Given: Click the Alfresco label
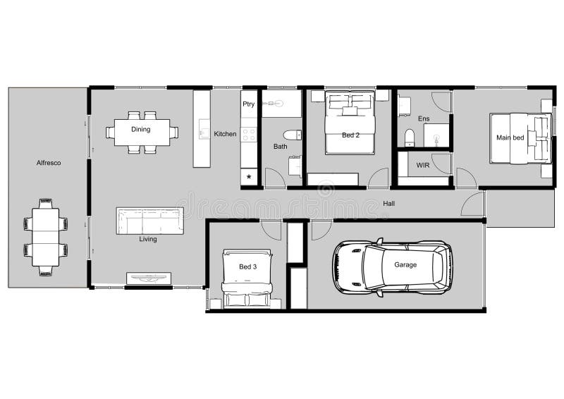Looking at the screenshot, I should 49,163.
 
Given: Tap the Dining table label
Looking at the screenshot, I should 141,129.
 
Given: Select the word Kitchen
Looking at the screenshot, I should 226,134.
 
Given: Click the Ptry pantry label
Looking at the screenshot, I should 248,104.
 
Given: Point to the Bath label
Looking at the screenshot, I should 280,147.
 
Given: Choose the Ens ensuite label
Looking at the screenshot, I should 423,118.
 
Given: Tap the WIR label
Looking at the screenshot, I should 423,165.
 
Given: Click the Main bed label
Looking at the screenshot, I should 510,137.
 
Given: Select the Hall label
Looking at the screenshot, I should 388,204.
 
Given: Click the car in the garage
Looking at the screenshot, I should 392,266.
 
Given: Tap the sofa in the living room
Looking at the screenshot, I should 149,221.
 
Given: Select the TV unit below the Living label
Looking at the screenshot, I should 149,278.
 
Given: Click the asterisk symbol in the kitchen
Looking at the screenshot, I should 249,177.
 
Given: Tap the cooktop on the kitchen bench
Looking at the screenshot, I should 249,134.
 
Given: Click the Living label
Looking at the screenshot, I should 148,239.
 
